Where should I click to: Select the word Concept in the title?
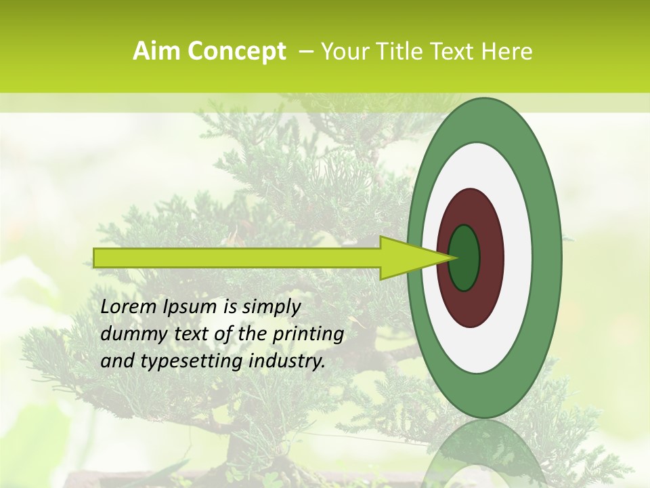point(236,52)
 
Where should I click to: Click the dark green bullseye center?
point(464,258)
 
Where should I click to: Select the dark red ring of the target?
point(492,258)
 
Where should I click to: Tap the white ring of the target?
point(518,258)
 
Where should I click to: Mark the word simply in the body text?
point(271,308)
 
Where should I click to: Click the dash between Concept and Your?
point(305,52)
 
